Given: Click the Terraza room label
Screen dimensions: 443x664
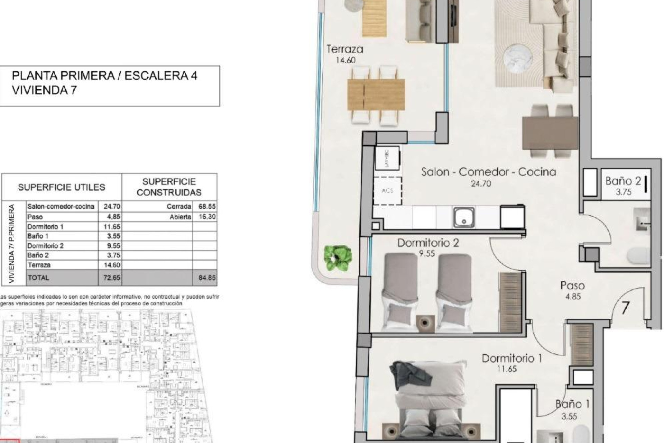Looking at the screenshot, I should [345, 49].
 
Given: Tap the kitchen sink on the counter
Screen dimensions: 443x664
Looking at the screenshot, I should [464, 218].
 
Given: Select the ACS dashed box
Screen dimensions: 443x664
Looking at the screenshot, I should [388, 191].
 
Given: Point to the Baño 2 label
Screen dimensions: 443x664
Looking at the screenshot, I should [623, 181].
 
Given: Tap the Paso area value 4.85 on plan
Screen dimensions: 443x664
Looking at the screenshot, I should [573, 297].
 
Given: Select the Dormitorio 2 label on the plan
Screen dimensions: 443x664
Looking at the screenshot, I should [428, 243].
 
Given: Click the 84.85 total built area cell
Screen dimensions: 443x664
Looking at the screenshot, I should [207, 278].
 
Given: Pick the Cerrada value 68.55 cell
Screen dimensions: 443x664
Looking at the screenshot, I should [207, 206].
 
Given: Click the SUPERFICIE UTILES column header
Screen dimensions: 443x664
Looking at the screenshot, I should [61, 187].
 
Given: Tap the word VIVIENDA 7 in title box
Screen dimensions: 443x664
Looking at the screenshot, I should [44, 90].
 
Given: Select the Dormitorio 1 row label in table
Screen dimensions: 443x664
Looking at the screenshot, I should [45, 227].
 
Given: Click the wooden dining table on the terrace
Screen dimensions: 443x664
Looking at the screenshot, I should [376, 94].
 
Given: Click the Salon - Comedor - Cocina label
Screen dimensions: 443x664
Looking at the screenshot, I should [488, 172].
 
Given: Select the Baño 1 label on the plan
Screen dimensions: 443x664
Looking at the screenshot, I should [572, 404].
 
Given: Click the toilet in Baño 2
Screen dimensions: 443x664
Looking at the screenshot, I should [638, 256].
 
